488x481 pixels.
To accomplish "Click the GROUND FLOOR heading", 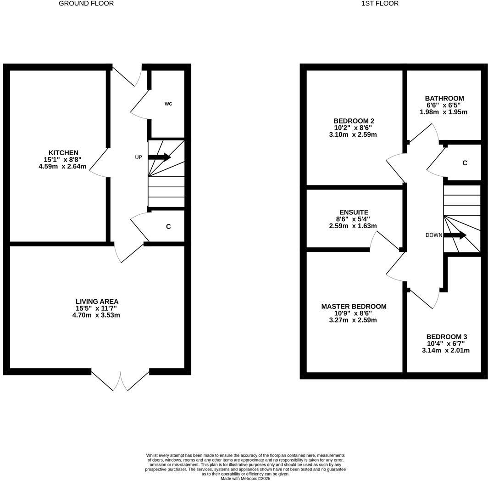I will [86, 3].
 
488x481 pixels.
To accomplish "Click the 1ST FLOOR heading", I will [380, 3].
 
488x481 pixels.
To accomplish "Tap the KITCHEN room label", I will [63, 153].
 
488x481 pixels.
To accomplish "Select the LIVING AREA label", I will [97, 302].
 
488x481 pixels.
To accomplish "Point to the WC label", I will [168, 104].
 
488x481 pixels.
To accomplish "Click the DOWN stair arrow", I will [455, 235].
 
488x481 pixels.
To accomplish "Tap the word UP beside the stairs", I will [139, 157].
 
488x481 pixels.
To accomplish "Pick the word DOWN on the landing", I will [434, 235].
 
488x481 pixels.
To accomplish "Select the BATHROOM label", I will [444, 98].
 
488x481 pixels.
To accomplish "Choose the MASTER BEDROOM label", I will [354, 307].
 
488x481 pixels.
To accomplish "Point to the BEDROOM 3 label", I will [446, 336].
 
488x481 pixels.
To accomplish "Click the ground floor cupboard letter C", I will [168, 227].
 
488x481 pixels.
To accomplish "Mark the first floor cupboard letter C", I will [465, 163].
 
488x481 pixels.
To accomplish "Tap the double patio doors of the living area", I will [120, 380].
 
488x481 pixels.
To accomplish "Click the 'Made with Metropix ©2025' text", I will [245, 478].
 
